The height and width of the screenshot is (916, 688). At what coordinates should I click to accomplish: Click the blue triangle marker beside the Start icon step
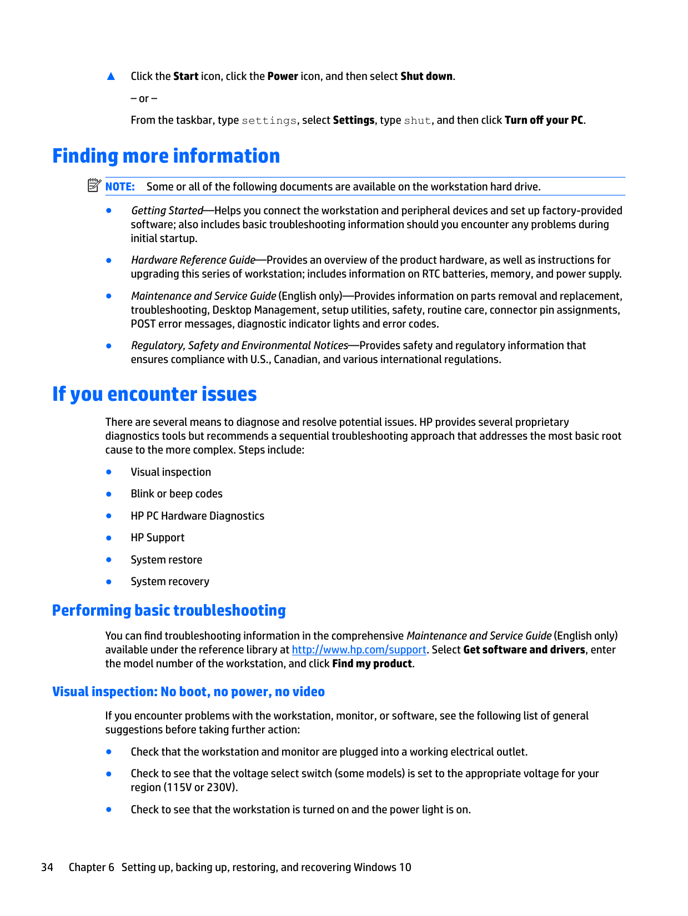coord(111,77)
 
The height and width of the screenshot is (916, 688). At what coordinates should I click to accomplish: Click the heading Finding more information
coord(166,156)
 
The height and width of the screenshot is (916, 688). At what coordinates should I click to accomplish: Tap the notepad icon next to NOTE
coord(94,185)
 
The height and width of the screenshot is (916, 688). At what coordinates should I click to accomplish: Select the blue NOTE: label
coord(120,187)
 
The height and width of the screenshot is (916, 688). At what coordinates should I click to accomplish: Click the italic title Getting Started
coord(167,211)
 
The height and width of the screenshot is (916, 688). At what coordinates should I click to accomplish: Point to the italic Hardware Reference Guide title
coord(193,260)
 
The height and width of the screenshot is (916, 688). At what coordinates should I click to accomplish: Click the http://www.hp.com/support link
coord(359,650)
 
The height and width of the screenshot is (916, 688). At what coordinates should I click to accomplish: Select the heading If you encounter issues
coord(154,394)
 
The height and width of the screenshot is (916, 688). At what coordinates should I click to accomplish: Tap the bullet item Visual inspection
coord(170,472)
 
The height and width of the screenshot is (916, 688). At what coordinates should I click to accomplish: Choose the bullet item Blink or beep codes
coord(177,494)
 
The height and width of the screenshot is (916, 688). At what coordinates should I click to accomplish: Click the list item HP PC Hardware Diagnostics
coord(197,516)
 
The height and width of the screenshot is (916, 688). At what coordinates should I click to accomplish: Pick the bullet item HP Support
coord(158,538)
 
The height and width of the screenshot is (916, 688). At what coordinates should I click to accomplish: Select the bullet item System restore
coord(167,560)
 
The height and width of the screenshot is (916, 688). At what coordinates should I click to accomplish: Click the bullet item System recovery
coord(170,582)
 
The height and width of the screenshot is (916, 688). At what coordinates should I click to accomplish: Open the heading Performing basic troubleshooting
coord(169,611)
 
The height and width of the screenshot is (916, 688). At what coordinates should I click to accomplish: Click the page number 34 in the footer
coord(47,868)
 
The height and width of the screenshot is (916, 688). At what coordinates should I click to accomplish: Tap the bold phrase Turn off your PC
coord(544,120)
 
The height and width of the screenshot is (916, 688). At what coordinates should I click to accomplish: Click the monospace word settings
coord(269,121)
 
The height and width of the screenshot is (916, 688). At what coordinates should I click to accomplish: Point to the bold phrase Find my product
coord(372,664)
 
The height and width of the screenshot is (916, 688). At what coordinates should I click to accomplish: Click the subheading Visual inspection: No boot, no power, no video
coord(188,692)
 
